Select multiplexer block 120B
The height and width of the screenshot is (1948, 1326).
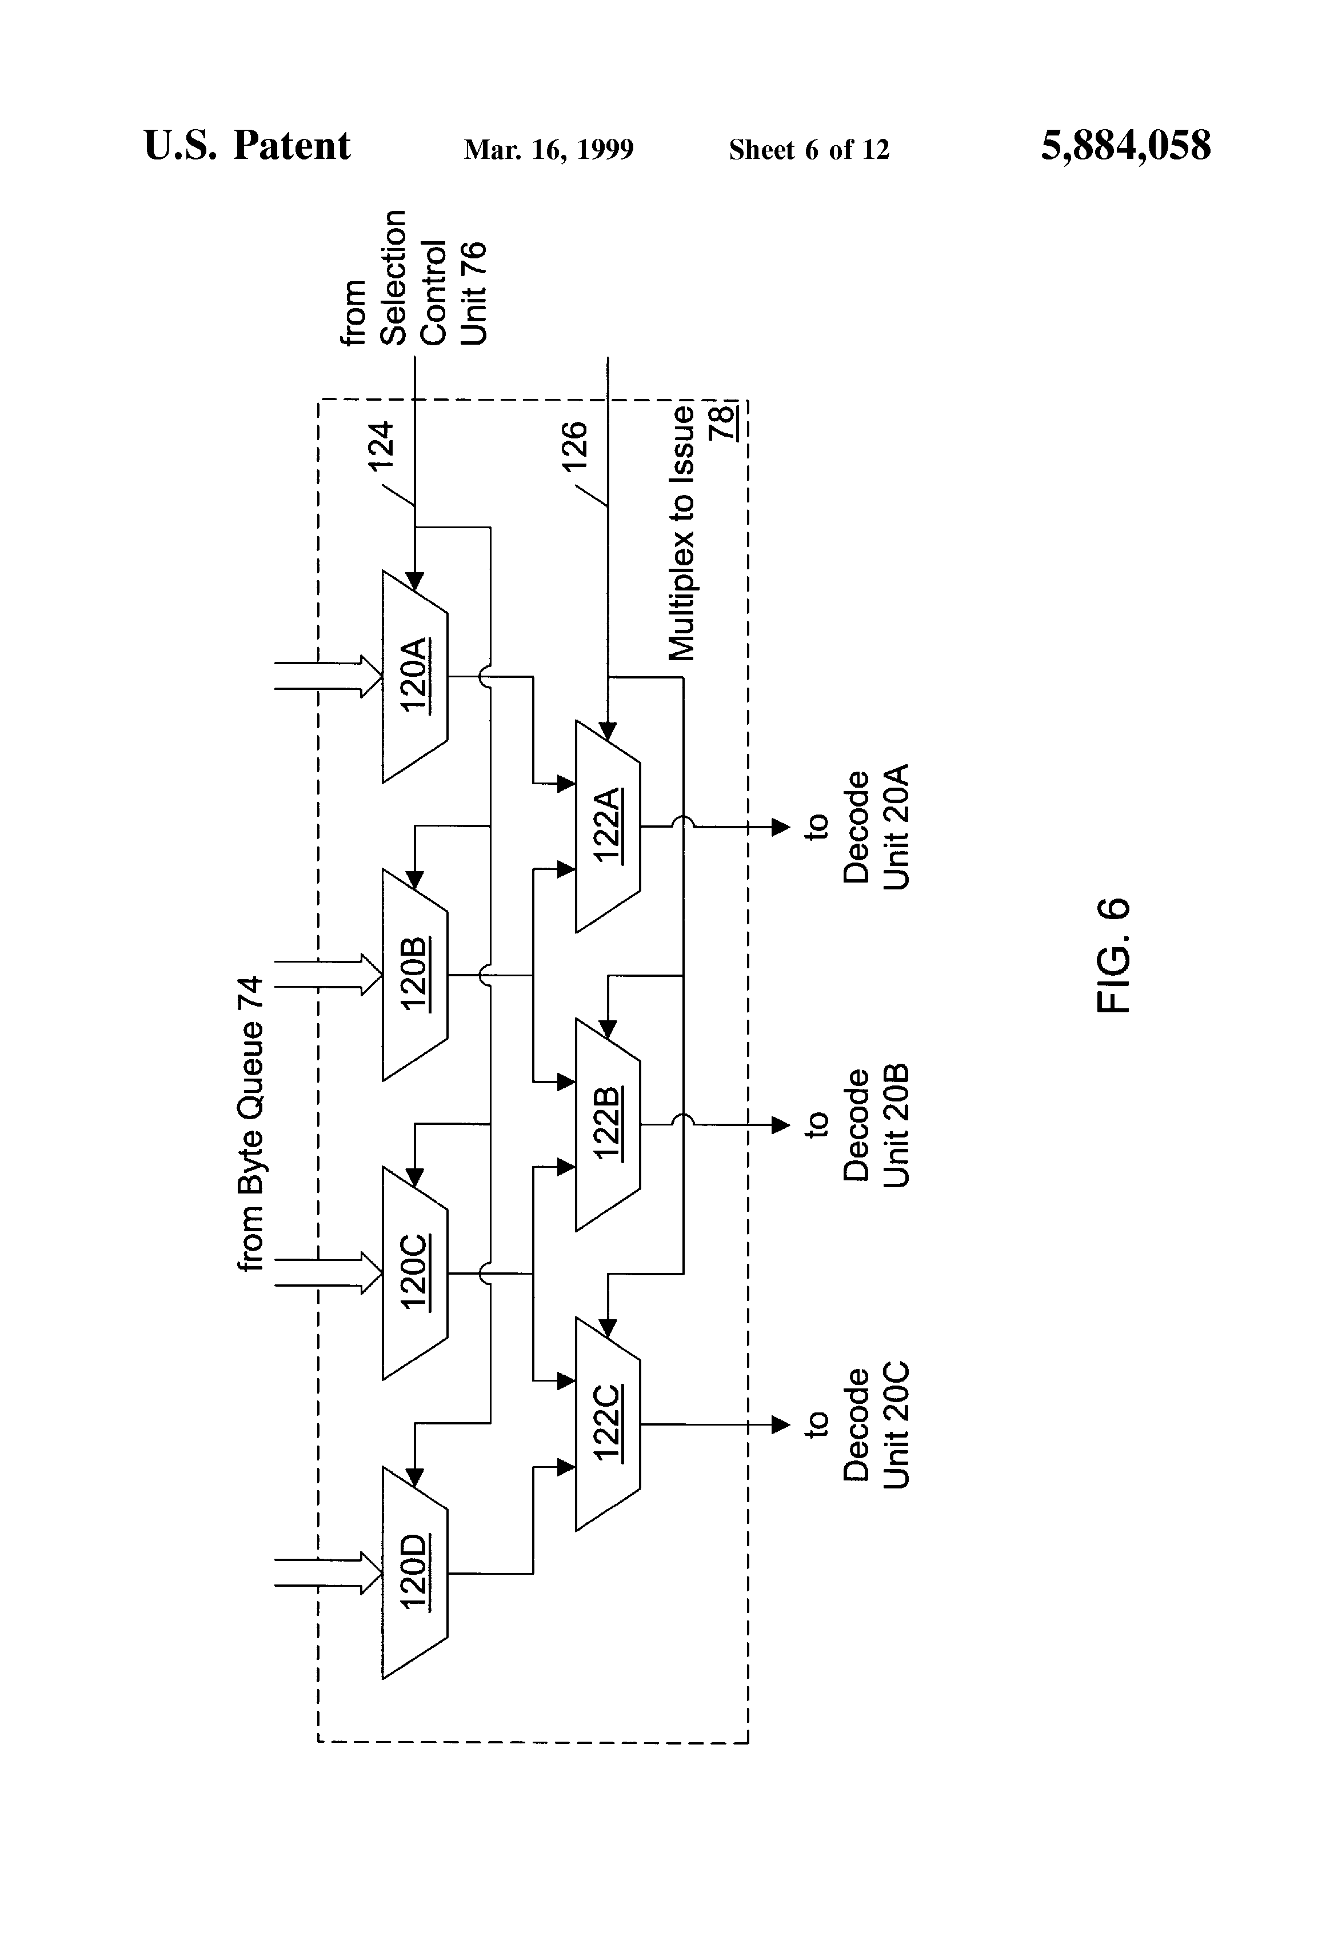(415, 974)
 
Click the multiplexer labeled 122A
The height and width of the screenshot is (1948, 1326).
(608, 827)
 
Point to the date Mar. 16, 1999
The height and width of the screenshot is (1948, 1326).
(549, 149)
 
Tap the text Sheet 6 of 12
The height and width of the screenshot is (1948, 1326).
(809, 149)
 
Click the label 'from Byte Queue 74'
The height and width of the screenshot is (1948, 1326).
(250, 1123)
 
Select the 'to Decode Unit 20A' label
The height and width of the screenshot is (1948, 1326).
(857, 827)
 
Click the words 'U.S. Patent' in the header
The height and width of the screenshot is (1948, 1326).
(247, 145)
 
